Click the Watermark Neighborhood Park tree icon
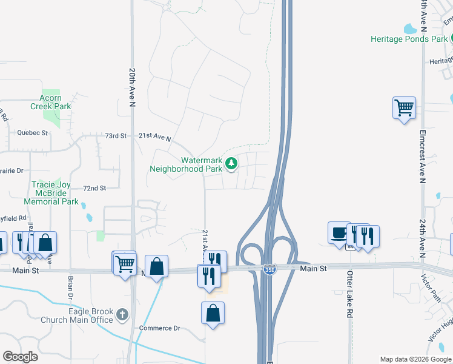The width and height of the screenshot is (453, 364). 231,163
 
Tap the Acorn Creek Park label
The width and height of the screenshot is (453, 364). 51,102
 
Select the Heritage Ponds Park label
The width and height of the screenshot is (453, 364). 409,39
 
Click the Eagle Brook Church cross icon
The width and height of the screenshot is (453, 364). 122,314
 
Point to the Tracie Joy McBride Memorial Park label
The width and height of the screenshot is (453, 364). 51,193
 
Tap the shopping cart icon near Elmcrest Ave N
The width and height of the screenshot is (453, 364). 404,108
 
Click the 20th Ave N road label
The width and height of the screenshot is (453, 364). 131,87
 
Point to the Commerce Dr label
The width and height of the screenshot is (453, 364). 160,328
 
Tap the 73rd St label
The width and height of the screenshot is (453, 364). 115,136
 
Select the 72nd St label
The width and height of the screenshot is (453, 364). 94,189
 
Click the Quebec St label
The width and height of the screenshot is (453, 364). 32,132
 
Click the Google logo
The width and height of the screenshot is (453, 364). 20,357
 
